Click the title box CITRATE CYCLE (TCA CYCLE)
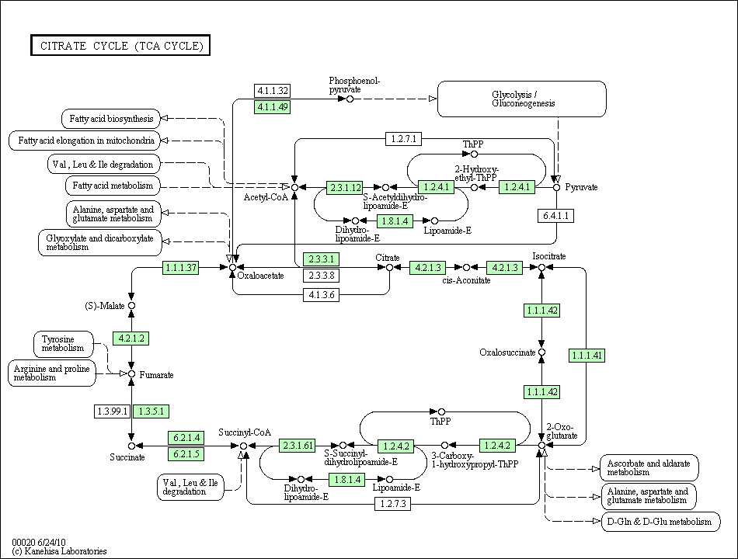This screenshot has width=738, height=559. (x=120, y=45)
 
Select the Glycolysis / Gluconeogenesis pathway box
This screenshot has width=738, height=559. (x=522, y=99)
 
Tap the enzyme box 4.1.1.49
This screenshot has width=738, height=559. (x=273, y=106)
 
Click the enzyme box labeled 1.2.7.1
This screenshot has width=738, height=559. (x=404, y=139)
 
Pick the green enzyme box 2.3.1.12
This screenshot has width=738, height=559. (x=345, y=187)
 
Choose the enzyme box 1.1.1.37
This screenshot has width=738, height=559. (x=181, y=268)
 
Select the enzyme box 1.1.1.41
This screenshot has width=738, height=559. (x=587, y=356)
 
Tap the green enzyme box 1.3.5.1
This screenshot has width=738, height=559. (x=151, y=411)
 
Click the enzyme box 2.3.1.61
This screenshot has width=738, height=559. (x=298, y=446)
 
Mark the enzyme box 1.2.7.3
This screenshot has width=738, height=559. (x=395, y=504)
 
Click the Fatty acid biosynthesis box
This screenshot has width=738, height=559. (x=110, y=119)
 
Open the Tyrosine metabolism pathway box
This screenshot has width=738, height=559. (x=64, y=343)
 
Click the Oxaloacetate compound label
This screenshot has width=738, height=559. (x=261, y=276)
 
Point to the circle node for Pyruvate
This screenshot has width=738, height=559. (x=556, y=187)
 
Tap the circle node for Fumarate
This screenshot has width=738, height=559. (x=132, y=374)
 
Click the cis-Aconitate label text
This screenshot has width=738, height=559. (x=466, y=280)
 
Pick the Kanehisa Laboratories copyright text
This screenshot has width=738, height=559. (x=60, y=551)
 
